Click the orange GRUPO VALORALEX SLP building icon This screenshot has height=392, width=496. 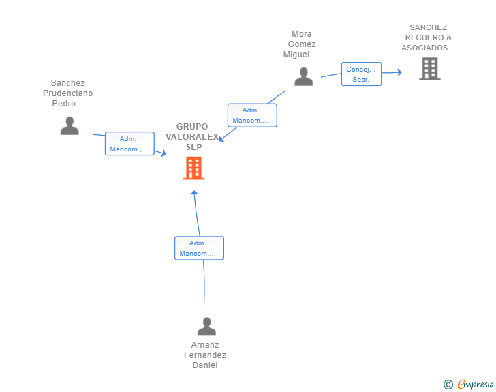[193, 168]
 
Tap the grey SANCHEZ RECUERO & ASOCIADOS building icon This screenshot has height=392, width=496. [429, 69]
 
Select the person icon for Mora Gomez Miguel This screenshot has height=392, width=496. [304, 76]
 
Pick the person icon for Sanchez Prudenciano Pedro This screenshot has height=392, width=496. [69, 125]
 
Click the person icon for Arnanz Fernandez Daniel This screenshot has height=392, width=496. [206, 327]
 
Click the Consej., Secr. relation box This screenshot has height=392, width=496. [361, 74]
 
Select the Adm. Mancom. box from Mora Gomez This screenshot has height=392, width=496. [252, 115]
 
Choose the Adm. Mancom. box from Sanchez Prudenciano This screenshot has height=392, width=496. [129, 144]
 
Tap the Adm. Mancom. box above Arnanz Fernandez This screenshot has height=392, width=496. [199, 248]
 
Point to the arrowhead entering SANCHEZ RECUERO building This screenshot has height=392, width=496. [400, 72]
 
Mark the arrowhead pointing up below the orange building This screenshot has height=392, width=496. [194, 192]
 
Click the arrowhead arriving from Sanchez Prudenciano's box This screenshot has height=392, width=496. [164, 153]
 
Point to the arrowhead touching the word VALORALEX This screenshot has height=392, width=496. [221, 138]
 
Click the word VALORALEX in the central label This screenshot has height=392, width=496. [192, 137]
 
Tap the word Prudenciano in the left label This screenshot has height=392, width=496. [67, 93]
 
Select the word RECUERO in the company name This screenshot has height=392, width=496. [424, 37]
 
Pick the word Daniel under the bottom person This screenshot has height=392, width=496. [205, 365]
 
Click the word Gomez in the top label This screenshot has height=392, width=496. [302, 44]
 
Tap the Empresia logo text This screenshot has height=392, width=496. [476, 384]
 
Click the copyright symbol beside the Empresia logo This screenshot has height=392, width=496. [448, 385]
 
